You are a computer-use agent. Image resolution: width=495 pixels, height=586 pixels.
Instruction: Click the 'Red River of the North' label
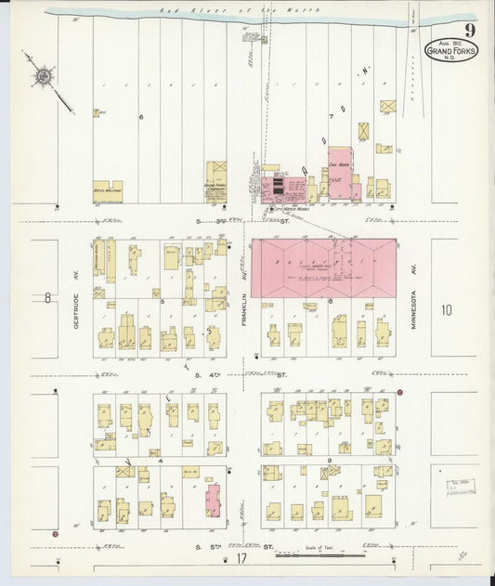coord(240,9)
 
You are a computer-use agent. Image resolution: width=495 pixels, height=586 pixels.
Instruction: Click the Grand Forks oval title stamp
coord(452,49)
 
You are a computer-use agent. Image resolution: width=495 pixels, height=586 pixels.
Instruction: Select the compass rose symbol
coord(44,76)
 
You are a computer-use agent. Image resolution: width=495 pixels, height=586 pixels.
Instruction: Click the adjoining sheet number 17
coord(241,559)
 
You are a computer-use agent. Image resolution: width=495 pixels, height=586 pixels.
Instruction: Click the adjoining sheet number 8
coord(46,298)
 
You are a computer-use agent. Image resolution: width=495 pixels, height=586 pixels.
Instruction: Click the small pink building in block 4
coord(213,499)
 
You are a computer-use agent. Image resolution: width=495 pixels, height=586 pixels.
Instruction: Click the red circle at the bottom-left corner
coord(56,534)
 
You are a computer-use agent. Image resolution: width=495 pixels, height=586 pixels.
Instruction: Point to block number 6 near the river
coord(141,117)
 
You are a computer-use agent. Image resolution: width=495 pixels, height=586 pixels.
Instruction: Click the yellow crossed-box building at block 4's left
coord(122,472)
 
